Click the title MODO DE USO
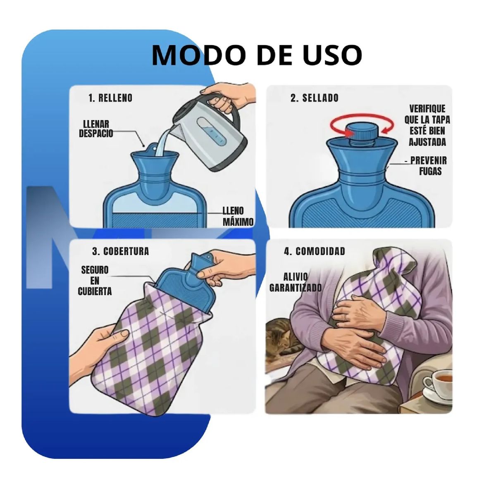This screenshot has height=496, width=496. pyautogui.click(x=257, y=55)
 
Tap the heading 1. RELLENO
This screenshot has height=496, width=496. pyautogui.click(x=110, y=98)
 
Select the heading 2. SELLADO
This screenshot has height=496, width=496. pyautogui.click(x=314, y=98)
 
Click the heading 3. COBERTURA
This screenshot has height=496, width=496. pyautogui.click(x=120, y=251)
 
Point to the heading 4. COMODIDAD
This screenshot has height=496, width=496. pyautogui.click(x=314, y=251)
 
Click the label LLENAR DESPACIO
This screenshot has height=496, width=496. pyautogui.click(x=96, y=129)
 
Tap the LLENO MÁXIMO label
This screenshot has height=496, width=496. pyautogui.click(x=238, y=217)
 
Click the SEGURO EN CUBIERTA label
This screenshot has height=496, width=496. pyautogui.click(x=95, y=281)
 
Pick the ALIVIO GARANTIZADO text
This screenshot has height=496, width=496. pyautogui.click(x=295, y=282)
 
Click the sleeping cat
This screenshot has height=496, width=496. pyautogui.click(x=281, y=339)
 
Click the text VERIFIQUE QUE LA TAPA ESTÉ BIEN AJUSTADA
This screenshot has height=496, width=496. pyautogui.click(x=427, y=125)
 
